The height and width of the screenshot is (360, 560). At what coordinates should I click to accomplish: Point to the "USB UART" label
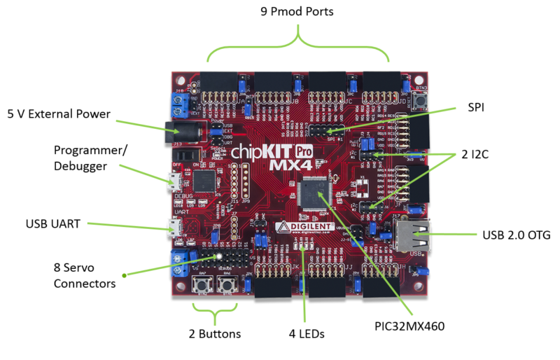(52, 223)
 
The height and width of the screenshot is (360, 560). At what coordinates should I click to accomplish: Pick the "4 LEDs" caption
(306, 334)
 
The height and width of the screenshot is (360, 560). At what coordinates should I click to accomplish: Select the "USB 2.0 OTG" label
(516, 235)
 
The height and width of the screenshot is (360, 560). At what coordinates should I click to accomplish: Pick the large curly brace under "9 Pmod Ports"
(298, 46)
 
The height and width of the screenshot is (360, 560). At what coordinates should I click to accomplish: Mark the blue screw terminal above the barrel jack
(179, 105)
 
